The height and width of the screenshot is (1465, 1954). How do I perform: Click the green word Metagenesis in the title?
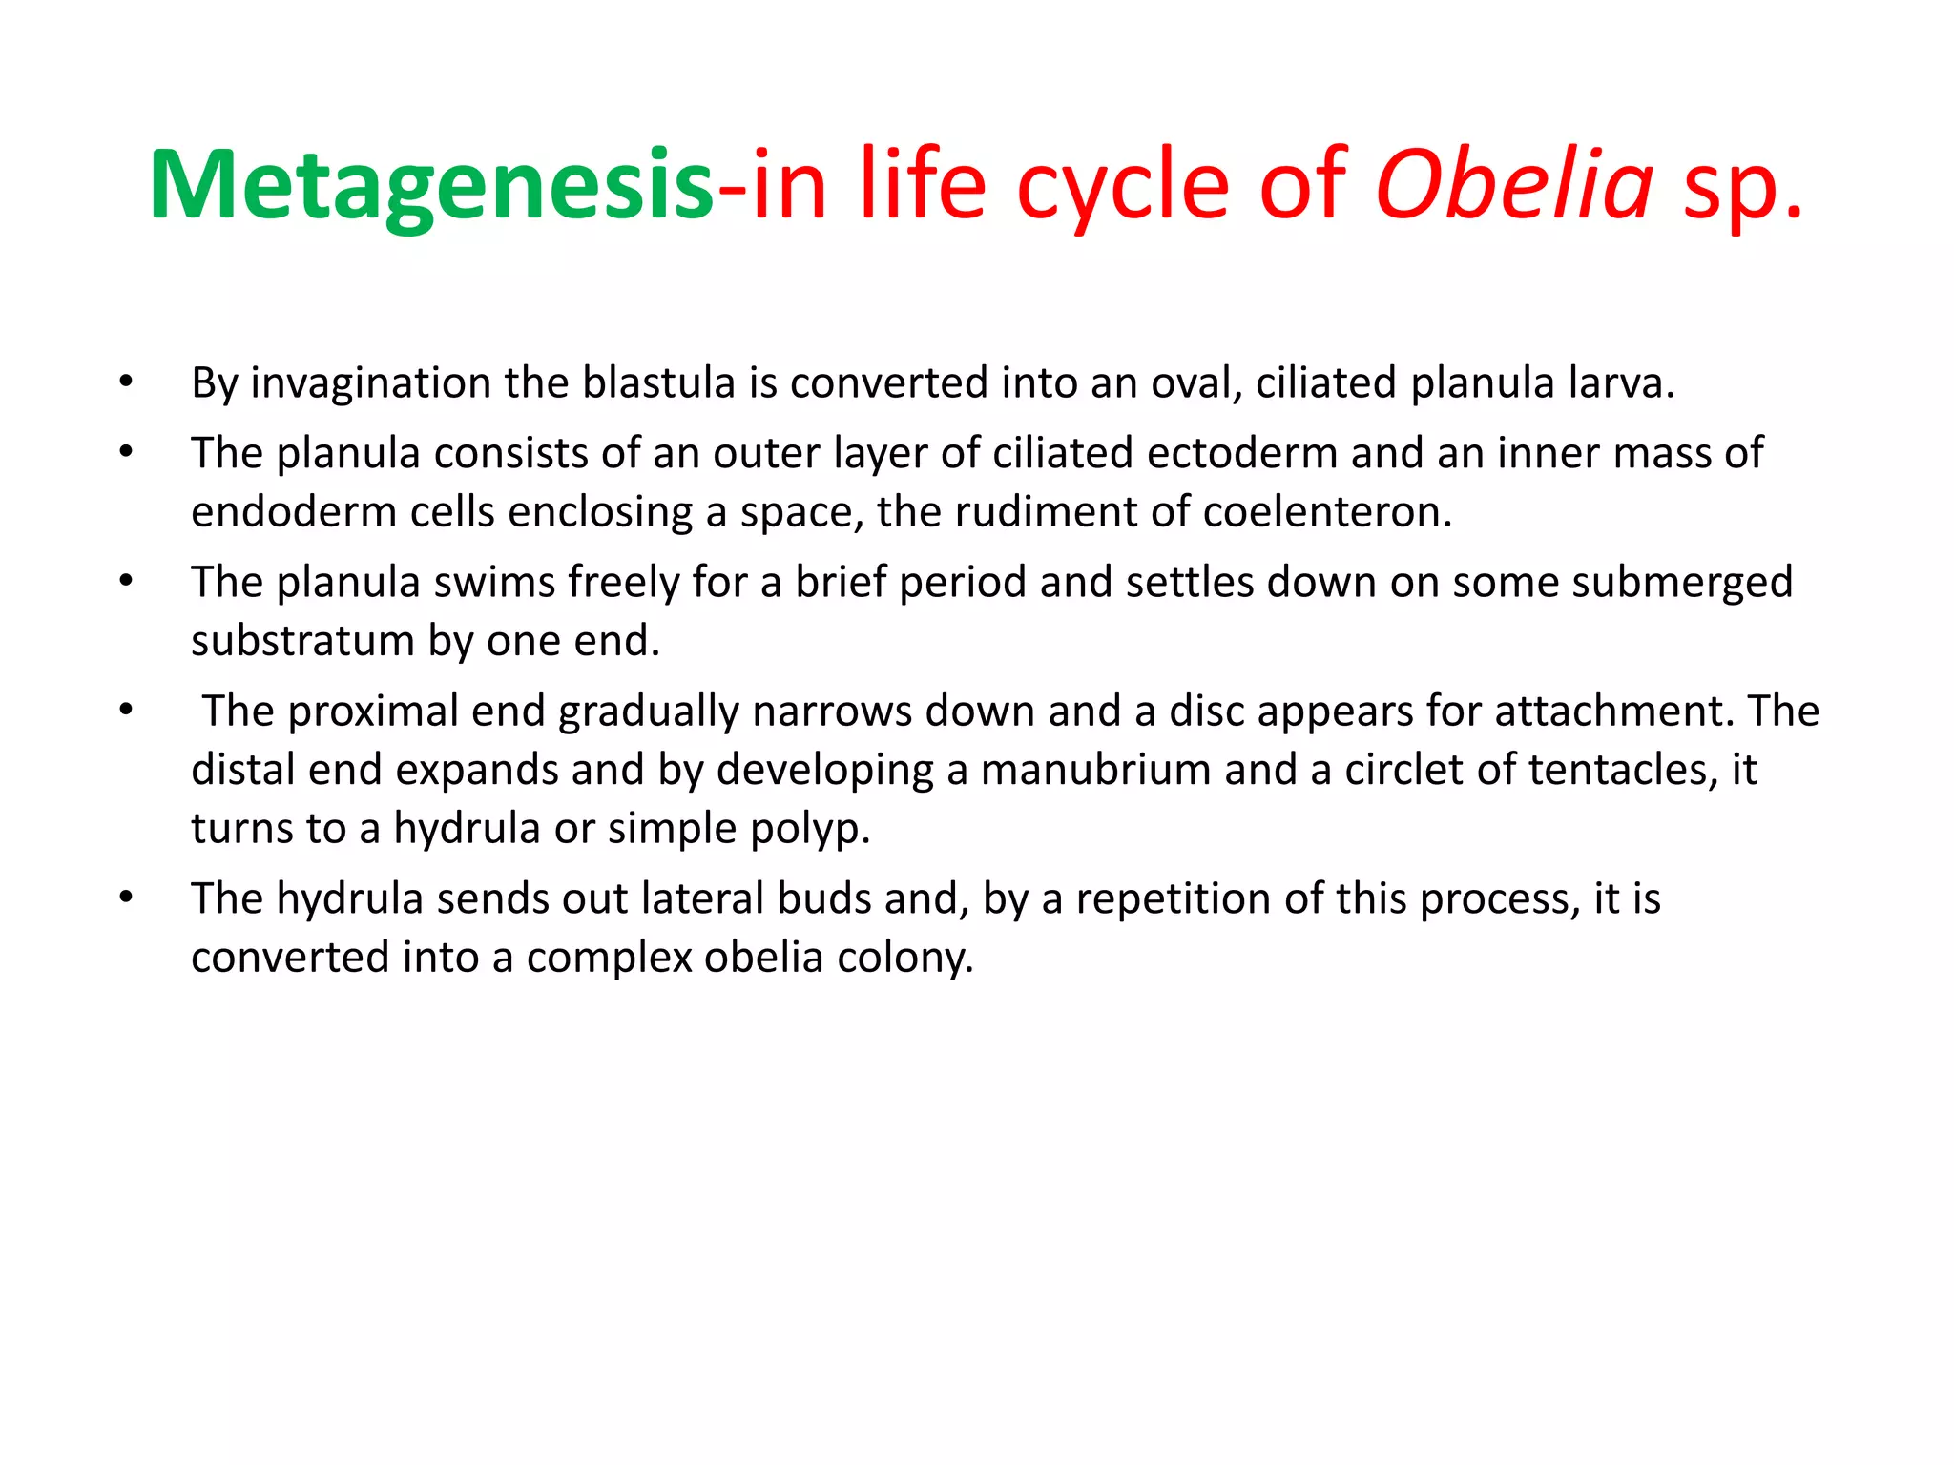click(431, 186)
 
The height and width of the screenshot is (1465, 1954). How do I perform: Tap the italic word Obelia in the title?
click(1514, 184)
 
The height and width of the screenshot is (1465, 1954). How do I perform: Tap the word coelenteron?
click(1327, 512)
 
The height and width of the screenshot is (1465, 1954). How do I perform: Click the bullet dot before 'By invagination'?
click(126, 382)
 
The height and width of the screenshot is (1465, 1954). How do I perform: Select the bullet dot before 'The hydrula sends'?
click(126, 898)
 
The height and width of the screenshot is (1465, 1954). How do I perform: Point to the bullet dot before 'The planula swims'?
click(126, 581)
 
